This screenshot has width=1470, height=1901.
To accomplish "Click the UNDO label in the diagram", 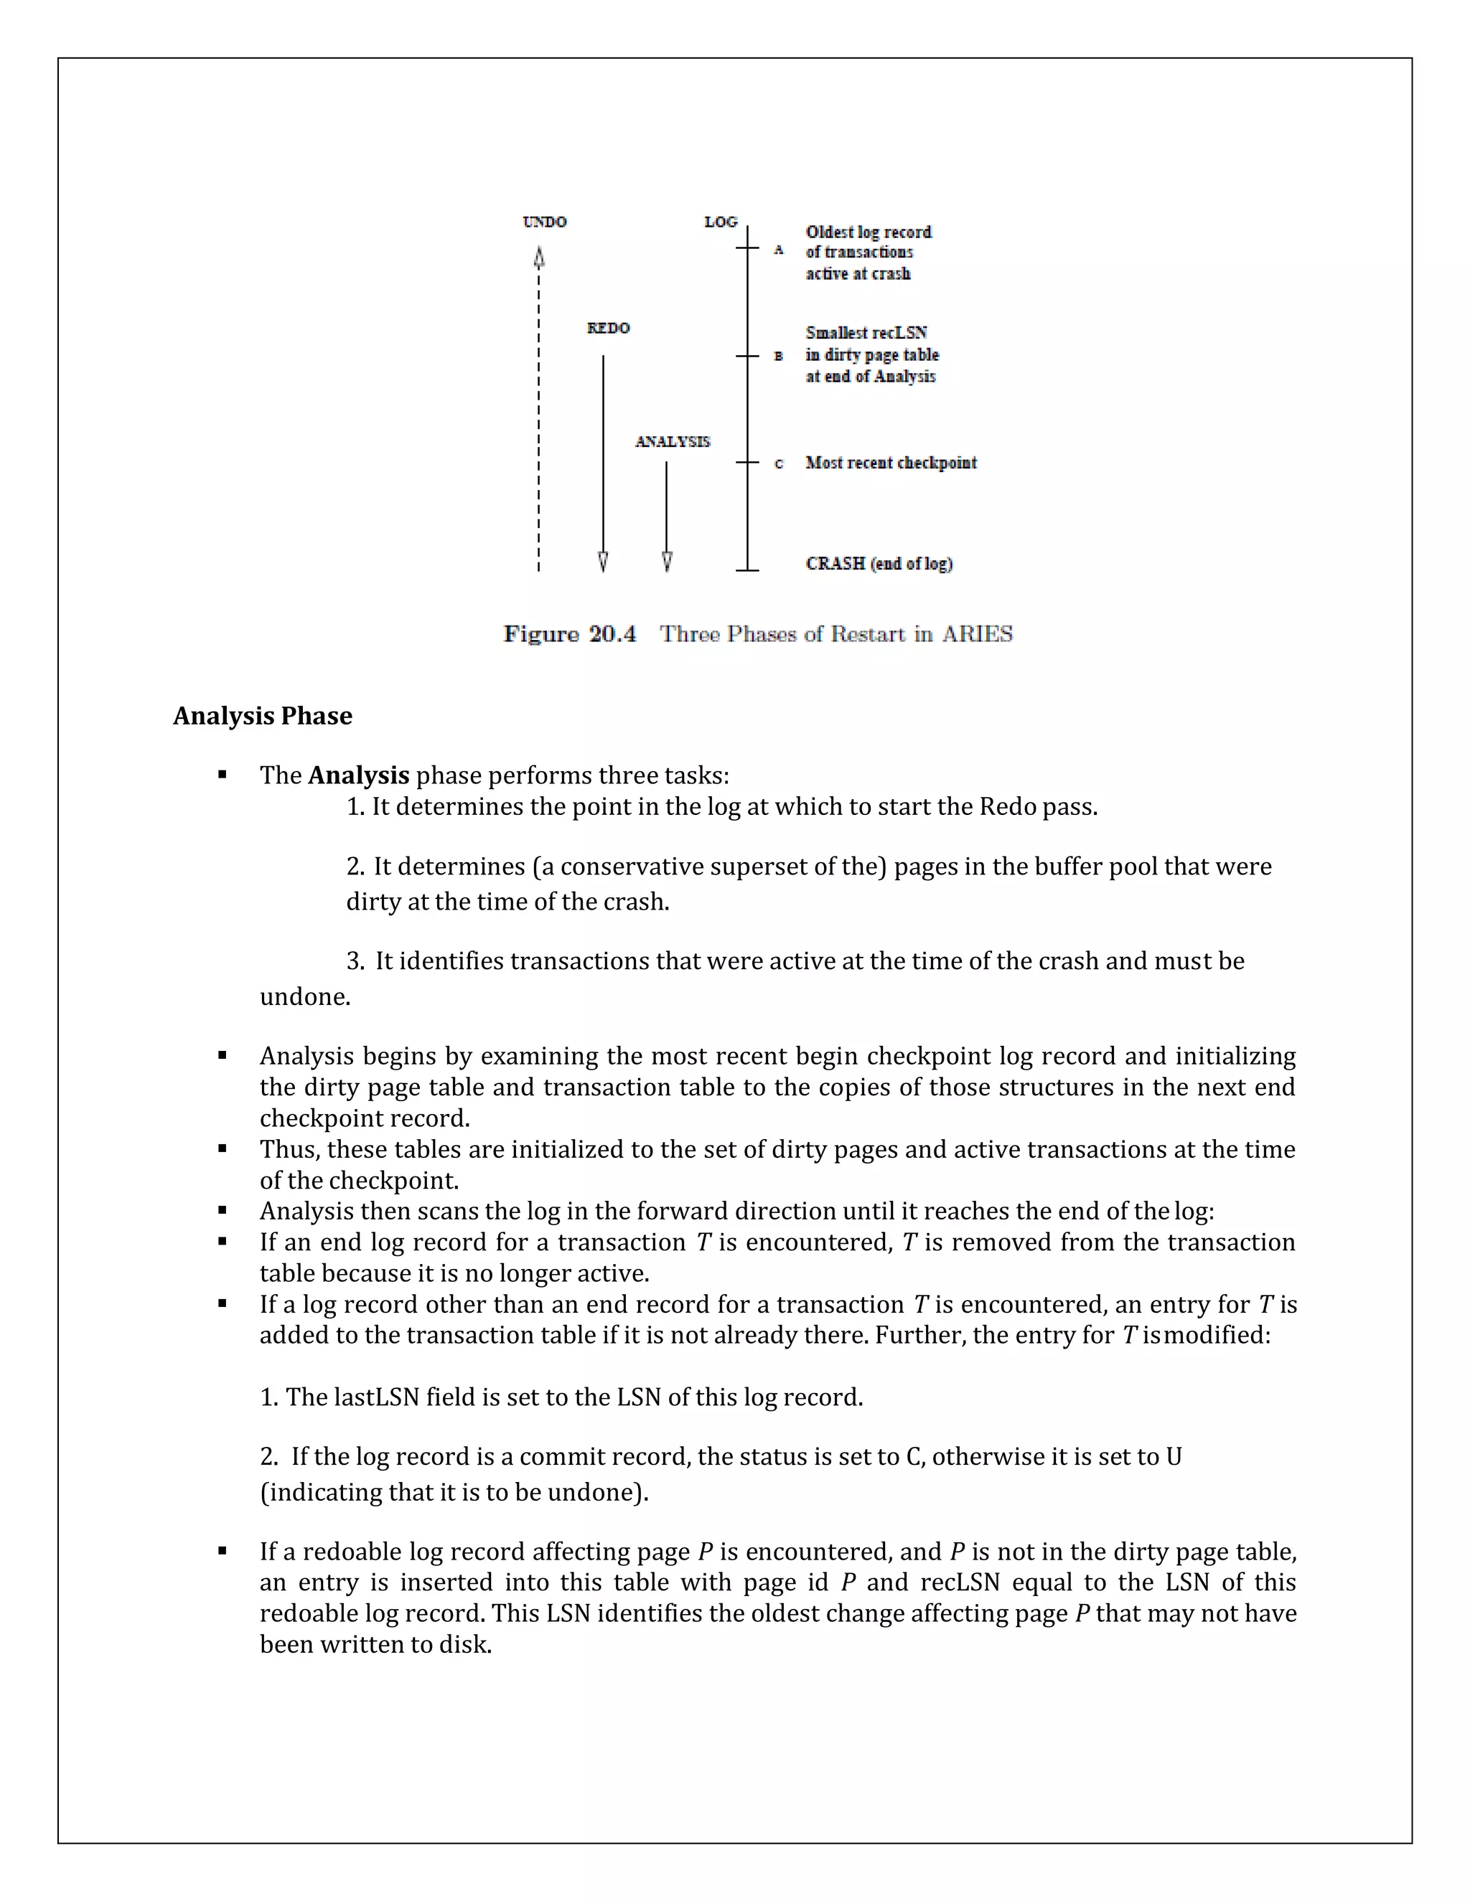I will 544,222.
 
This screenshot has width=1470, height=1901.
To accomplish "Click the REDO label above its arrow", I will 608,328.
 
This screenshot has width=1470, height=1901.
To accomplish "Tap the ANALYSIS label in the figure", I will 673,442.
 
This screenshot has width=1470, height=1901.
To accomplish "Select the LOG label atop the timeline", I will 720,222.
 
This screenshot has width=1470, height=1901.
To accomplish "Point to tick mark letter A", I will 779,250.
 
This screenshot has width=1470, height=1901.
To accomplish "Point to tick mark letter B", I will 779,356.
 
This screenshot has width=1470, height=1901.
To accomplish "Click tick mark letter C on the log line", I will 779,464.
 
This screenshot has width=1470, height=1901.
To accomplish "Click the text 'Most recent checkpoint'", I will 891,463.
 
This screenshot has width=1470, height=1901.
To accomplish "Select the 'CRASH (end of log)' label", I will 879,564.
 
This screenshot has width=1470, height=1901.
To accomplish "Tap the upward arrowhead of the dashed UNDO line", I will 539,258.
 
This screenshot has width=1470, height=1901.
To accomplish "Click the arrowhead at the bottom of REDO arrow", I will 603,562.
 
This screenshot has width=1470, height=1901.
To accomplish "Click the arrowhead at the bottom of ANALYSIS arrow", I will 667,562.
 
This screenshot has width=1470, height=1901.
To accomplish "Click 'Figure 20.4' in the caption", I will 569,633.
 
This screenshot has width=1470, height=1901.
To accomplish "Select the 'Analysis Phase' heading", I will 262,715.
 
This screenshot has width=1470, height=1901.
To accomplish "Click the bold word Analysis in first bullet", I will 358,775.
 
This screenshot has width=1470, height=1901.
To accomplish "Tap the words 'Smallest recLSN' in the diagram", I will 866,334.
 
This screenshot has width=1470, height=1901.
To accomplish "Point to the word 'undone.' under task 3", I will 305,996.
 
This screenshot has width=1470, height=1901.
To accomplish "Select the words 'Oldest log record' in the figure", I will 869,232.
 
